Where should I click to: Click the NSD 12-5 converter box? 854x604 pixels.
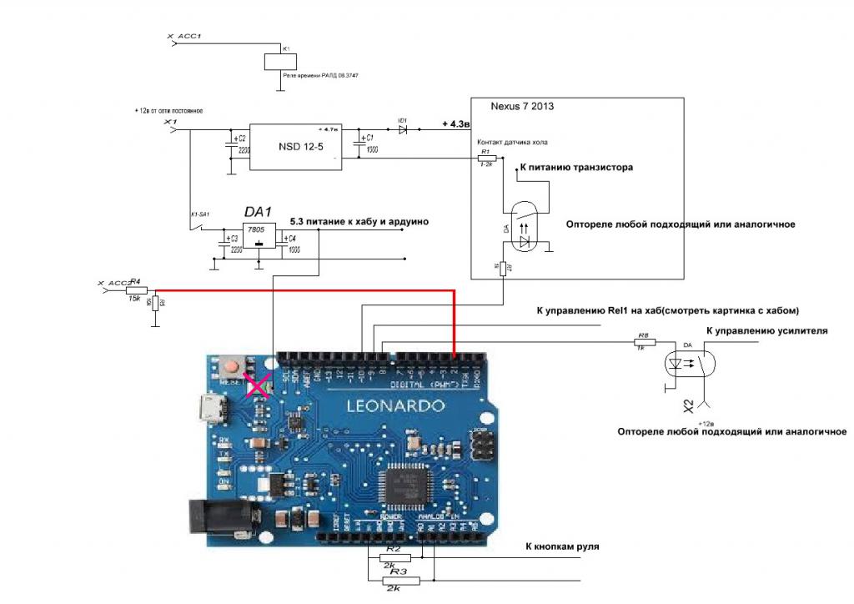click(296, 148)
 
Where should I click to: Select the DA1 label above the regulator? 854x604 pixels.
click(258, 214)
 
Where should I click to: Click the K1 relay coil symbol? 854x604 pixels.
click(275, 62)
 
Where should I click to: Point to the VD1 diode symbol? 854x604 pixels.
click(403, 131)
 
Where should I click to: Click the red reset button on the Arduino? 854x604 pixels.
click(250, 365)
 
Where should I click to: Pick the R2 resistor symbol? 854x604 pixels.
click(393, 557)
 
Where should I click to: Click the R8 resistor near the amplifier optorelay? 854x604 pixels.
click(643, 342)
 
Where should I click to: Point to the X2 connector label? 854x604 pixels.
click(690, 406)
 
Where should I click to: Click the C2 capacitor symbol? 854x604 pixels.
click(230, 146)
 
